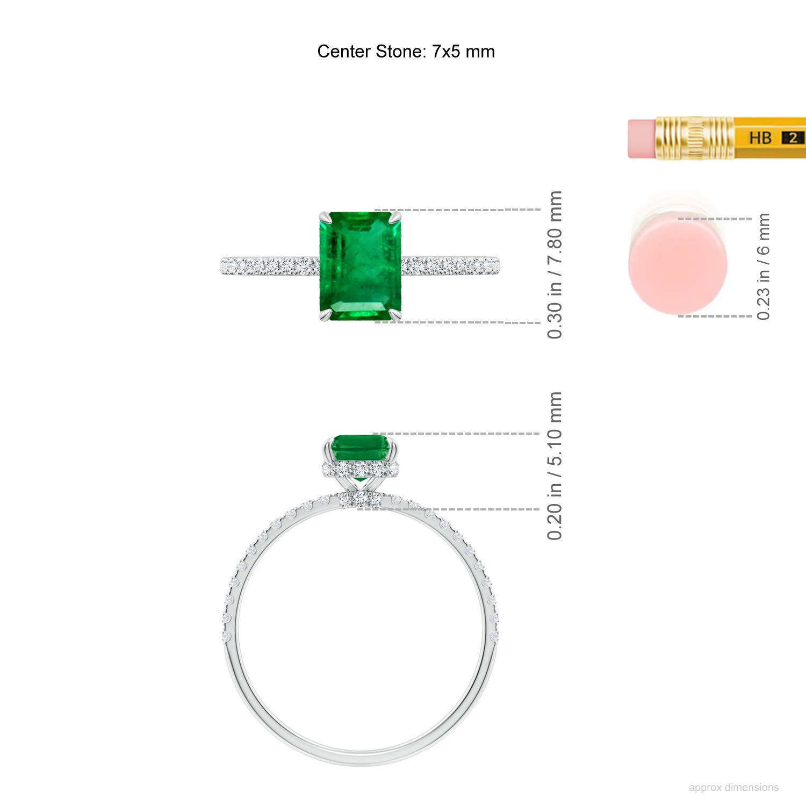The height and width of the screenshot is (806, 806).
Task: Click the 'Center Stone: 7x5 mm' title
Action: coord(406,52)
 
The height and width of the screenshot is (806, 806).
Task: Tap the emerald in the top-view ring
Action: coord(361,266)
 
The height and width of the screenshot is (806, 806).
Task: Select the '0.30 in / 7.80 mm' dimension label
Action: coord(555,265)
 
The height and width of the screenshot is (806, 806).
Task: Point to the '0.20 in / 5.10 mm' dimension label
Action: coord(555,466)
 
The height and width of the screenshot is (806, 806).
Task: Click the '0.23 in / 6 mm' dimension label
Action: coord(763,267)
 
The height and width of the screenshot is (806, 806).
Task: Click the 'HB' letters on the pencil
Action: coord(760,138)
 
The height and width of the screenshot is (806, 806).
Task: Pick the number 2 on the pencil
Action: coord(793,138)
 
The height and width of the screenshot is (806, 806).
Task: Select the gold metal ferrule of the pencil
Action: coord(695,138)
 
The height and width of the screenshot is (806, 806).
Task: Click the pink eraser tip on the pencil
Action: coord(642,139)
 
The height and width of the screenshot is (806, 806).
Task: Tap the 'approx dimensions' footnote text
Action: coord(733,787)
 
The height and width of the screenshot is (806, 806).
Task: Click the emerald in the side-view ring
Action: coord(361,448)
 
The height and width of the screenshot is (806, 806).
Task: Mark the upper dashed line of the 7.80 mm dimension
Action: coord(457,210)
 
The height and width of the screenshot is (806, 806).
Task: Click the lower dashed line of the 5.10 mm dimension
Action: coord(457,509)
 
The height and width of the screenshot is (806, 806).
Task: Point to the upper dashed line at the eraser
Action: coord(715,219)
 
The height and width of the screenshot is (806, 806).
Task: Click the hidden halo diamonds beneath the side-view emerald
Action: coord(361,470)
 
